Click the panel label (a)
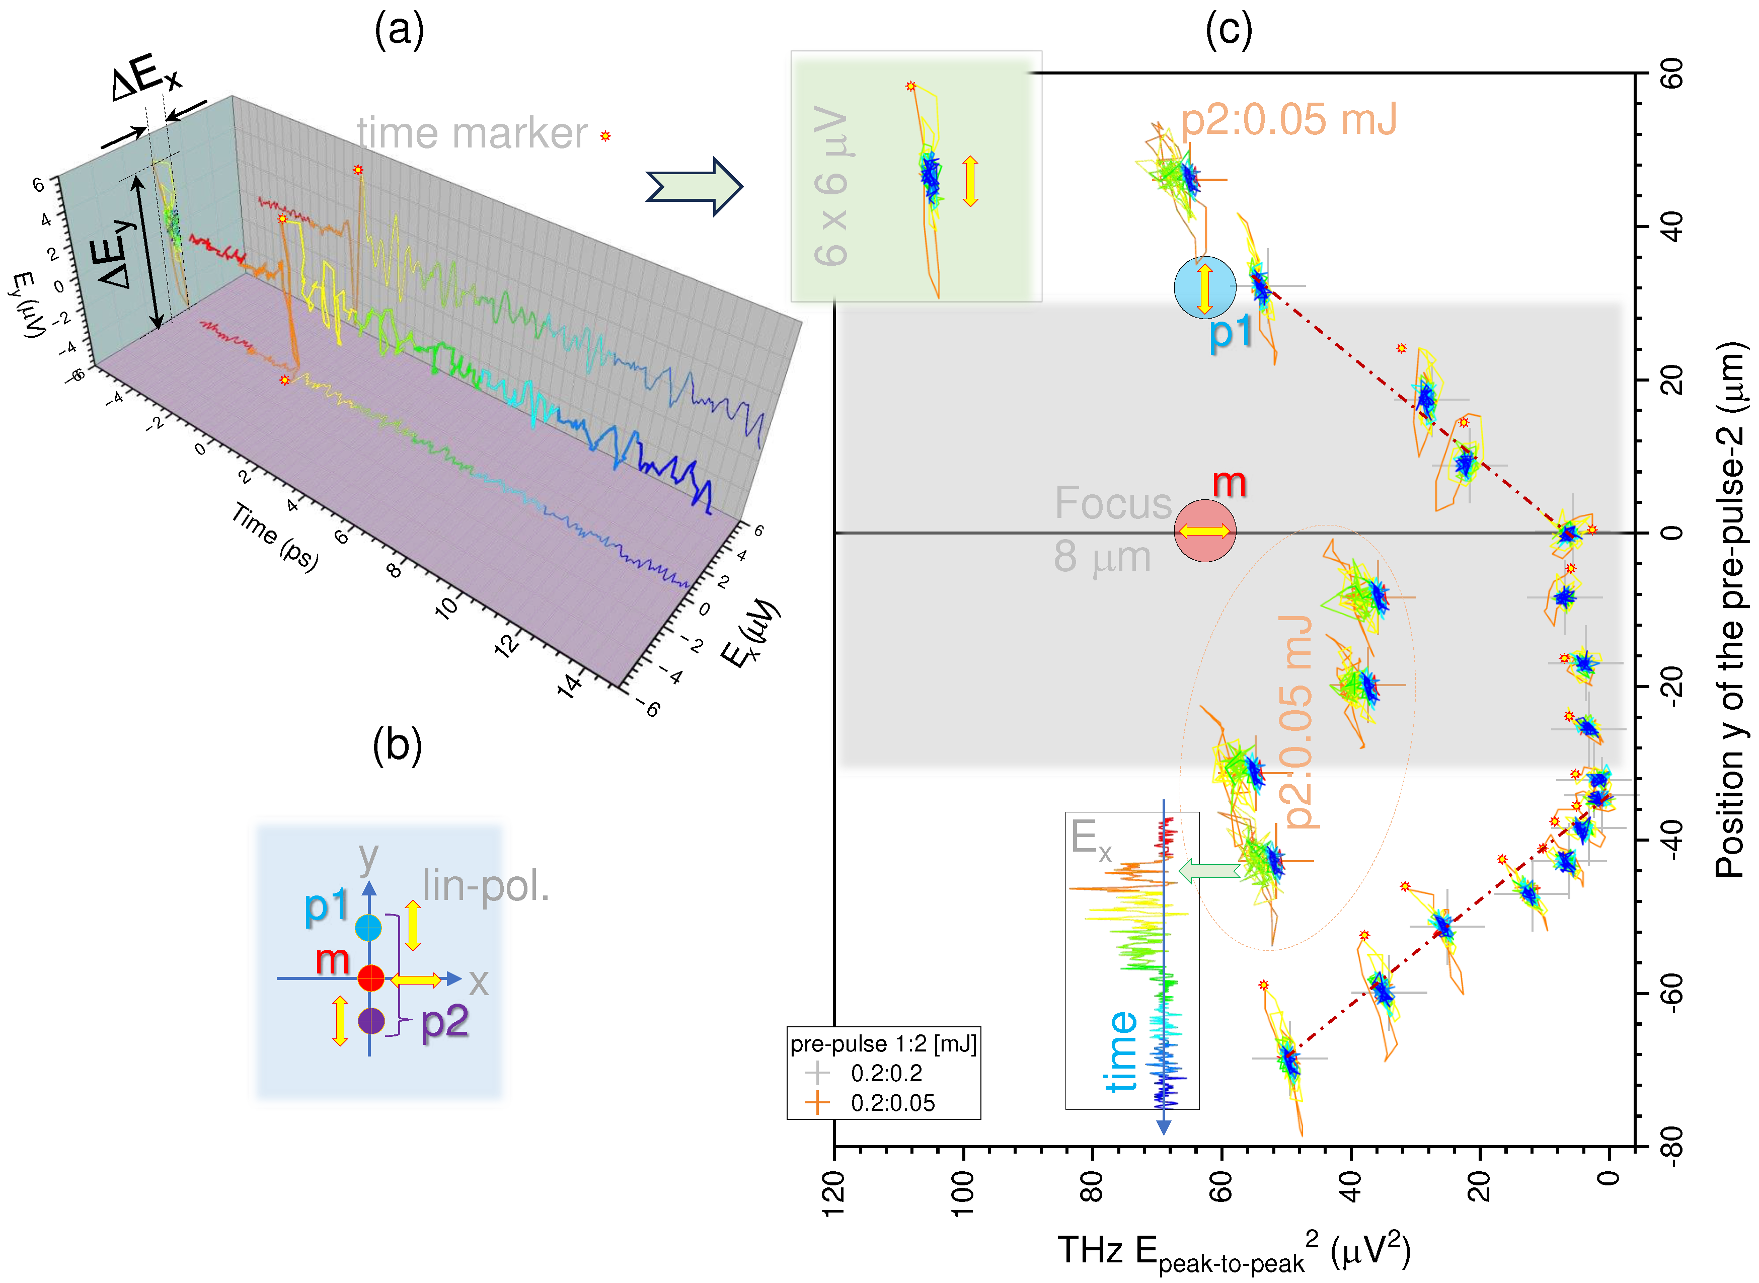(399, 31)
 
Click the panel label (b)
(397, 745)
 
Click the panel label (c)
(1229, 31)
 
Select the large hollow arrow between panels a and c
(694, 186)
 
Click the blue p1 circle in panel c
(1204, 287)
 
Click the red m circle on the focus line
(1204, 531)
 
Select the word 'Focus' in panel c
(1112, 503)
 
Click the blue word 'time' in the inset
(1121, 1051)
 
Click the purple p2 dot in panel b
(371, 1020)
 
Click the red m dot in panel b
(371, 978)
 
